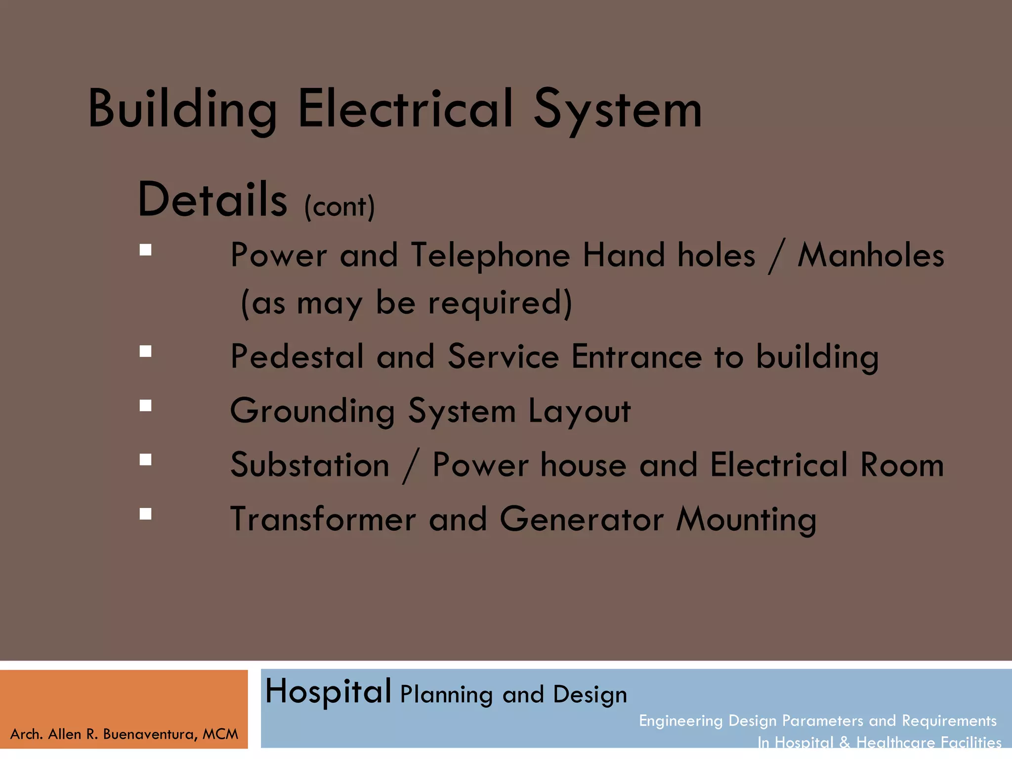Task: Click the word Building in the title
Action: (182, 110)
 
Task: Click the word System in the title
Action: (617, 110)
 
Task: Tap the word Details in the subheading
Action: (212, 200)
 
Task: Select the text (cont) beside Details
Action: (339, 207)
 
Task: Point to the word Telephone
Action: (490, 255)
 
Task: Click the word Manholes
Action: (871, 255)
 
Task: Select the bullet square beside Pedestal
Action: (145, 351)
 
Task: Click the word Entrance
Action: (636, 356)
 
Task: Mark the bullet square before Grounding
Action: (145, 406)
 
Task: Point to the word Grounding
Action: (312, 411)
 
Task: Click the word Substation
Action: (310, 465)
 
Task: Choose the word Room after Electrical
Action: (902, 465)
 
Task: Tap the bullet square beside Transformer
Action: (145, 514)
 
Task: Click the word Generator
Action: (582, 519)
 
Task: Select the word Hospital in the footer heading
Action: (328, 691)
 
